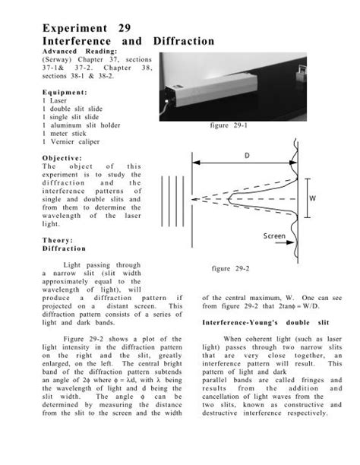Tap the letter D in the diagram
click(x=246, y=155)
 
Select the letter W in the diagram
click(x=311, y=198)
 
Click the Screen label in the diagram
click(x=274, y=236)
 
